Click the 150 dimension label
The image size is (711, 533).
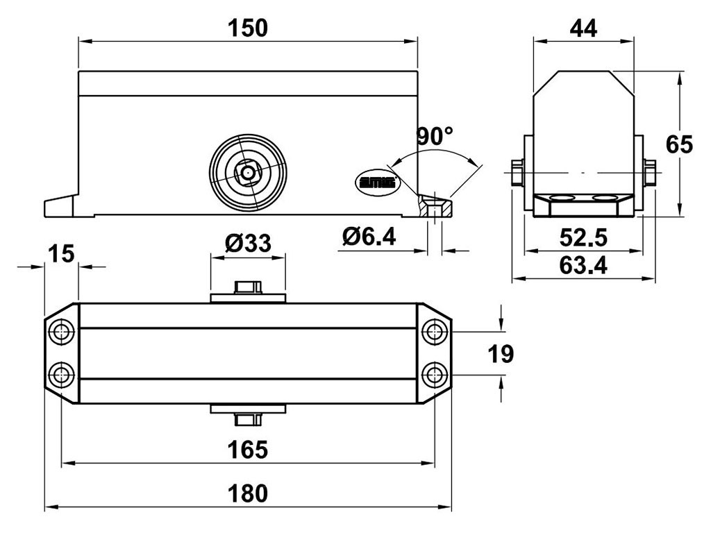(x=248, y=28)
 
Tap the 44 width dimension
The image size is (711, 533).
(x=583, y=28)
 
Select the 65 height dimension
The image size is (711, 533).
(x=679, y=144)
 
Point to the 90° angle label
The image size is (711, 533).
(x=435, y=135)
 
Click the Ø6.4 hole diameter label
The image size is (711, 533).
(x=369, y=236)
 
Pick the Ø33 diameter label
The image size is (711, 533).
(x=248, y=243)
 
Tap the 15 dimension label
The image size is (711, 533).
(x=61, y=253)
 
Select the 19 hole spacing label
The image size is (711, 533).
(x=501, y=354)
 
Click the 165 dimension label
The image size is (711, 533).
(x=248, y=450)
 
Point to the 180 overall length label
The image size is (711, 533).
(x=248, y=493)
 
